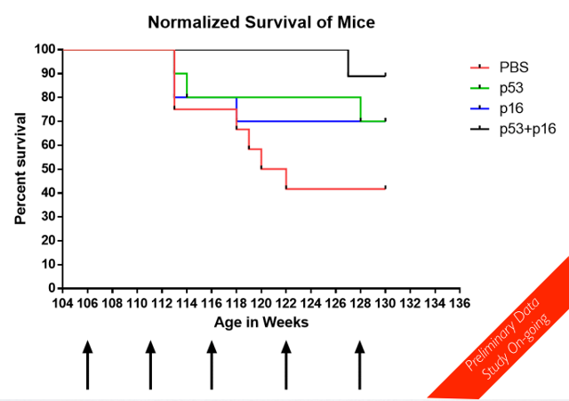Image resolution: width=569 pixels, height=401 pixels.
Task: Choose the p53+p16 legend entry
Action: (521, 129)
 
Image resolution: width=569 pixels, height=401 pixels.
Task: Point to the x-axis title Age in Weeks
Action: (260, 323)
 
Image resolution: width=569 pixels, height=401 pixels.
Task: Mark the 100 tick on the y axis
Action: (44, 50)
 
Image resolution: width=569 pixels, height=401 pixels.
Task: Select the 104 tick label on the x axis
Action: (63, 303)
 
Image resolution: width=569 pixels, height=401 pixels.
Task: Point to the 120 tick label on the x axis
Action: (260, 303)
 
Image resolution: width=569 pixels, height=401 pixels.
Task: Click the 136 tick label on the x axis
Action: (459, 303)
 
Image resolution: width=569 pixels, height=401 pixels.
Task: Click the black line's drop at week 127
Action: (348, 63)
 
